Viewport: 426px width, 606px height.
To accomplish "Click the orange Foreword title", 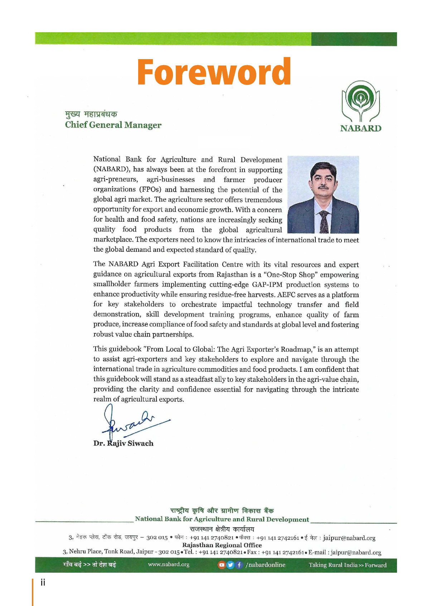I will point(214,72).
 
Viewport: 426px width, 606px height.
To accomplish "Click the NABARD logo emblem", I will point(360,101).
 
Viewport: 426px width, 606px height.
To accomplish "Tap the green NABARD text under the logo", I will point(360,128).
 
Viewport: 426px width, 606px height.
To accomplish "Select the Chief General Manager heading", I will point(113,125).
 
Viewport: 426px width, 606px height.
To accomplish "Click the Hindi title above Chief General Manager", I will point(91,114).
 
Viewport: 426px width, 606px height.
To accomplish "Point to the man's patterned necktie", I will point(324,222).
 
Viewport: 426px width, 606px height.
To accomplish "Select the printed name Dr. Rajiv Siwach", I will point(124,443).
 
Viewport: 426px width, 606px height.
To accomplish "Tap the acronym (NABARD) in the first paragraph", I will point(111,169).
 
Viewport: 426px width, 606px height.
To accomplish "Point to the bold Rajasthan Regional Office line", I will point(222,545).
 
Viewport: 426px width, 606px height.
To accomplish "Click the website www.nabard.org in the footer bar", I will point(169,565).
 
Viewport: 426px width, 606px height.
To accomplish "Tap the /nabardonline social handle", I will point(265,565).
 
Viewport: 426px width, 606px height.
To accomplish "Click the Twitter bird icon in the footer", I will point(230,565).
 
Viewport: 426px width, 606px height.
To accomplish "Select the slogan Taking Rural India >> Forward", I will point(348,565).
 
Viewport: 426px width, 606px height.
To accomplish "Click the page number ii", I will point(43,583).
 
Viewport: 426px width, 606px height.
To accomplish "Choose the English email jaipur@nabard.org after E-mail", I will point(356,552).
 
